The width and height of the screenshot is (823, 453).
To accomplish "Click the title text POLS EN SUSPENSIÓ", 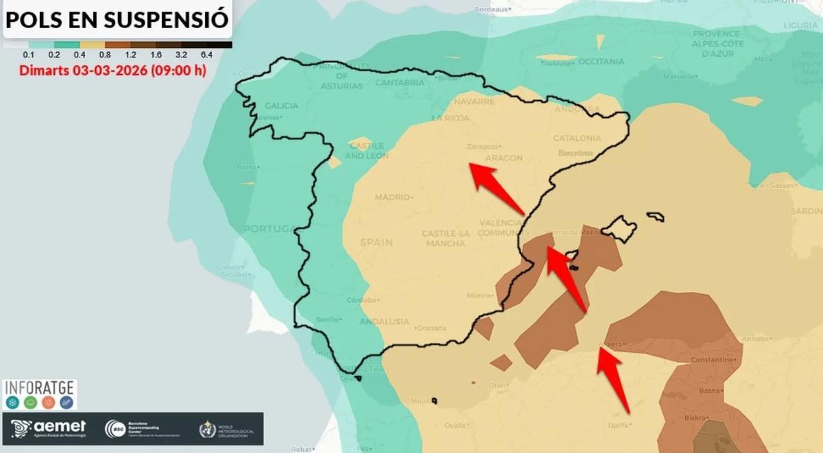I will click(117, 19).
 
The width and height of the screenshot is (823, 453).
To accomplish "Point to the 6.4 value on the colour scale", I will click(206, 54).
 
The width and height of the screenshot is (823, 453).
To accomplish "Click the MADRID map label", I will click(392, 197).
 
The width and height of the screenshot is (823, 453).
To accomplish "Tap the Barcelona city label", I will click(575, 153).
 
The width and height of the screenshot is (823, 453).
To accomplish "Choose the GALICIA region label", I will click(281, 106).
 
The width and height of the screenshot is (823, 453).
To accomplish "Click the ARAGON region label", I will click(504, 158).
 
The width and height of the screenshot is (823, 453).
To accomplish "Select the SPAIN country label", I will click(377, 243).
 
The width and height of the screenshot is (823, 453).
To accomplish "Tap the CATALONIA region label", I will click(577, 138).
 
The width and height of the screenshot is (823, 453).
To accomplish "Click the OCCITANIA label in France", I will click(601, 62).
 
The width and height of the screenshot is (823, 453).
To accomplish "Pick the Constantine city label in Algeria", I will click(713, 360).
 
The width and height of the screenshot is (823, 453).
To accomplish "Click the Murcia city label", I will click(479, 295).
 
